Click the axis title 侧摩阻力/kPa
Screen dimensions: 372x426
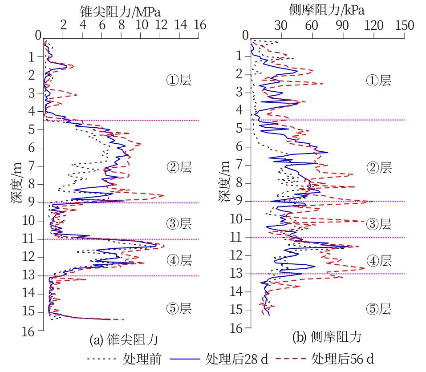pos(326,10)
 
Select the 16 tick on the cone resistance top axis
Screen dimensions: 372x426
pos(200,25)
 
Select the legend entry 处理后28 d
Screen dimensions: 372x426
pos(236,359)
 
